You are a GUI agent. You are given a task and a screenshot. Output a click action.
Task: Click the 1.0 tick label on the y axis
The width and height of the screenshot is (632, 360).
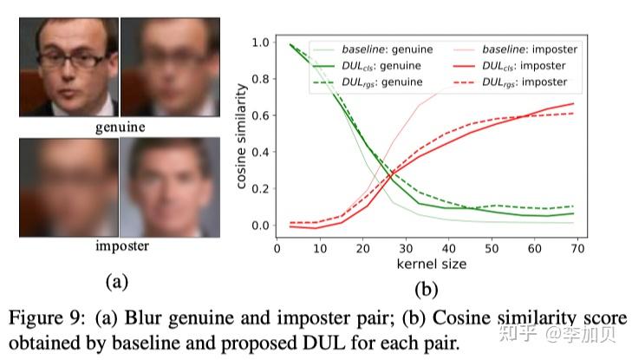tap(257, 42)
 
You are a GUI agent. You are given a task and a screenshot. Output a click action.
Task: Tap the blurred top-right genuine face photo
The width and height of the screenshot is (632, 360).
tap(169, 68)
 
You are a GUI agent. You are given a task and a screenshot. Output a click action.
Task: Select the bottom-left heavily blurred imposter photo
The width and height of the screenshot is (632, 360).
tap(68, 187)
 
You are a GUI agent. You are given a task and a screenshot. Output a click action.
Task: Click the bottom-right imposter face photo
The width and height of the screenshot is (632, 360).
tap(169, 187)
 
